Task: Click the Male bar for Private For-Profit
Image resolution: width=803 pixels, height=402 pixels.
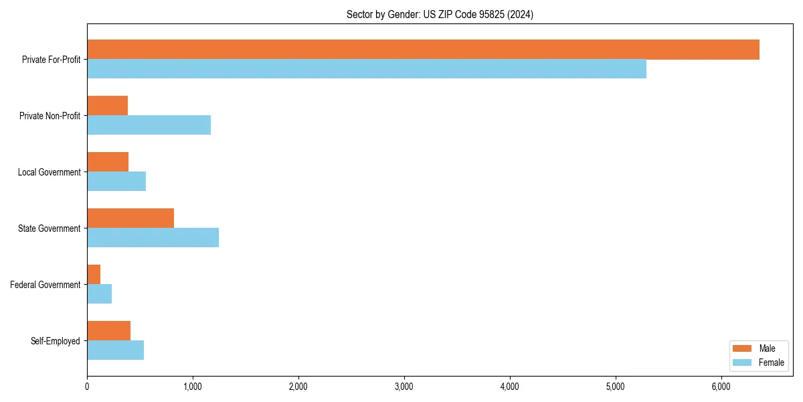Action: tap(423, 50)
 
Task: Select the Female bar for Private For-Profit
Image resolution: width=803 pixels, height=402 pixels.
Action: tap(367, 69)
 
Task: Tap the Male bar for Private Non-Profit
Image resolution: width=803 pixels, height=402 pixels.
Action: tap(107, 106)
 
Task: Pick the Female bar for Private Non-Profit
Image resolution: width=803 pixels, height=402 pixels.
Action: tap(149, 125)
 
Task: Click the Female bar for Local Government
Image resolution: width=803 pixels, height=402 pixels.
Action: tap(116, 182)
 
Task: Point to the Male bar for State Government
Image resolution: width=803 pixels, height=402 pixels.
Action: tap(130, 218)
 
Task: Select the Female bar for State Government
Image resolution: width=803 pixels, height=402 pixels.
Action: tap(153, 238)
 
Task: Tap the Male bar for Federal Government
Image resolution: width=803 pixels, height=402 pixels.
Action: tap(94, 275)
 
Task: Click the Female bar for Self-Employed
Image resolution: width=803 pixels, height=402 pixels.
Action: tap(115, 350)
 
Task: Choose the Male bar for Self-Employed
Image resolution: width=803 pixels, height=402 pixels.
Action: tap(108, 331)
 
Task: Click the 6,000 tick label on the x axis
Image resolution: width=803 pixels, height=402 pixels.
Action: tap(721, 386)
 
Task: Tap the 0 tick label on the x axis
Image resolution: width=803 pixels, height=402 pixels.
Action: tap(87, 386)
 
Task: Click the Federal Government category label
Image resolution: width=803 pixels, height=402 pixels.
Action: tap(46, 285)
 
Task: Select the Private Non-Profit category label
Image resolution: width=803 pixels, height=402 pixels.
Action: tap(50, 116)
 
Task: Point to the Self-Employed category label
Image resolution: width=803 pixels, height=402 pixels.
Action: tap(56, 341)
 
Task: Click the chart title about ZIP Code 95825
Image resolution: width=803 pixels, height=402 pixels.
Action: tap(440, 14)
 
